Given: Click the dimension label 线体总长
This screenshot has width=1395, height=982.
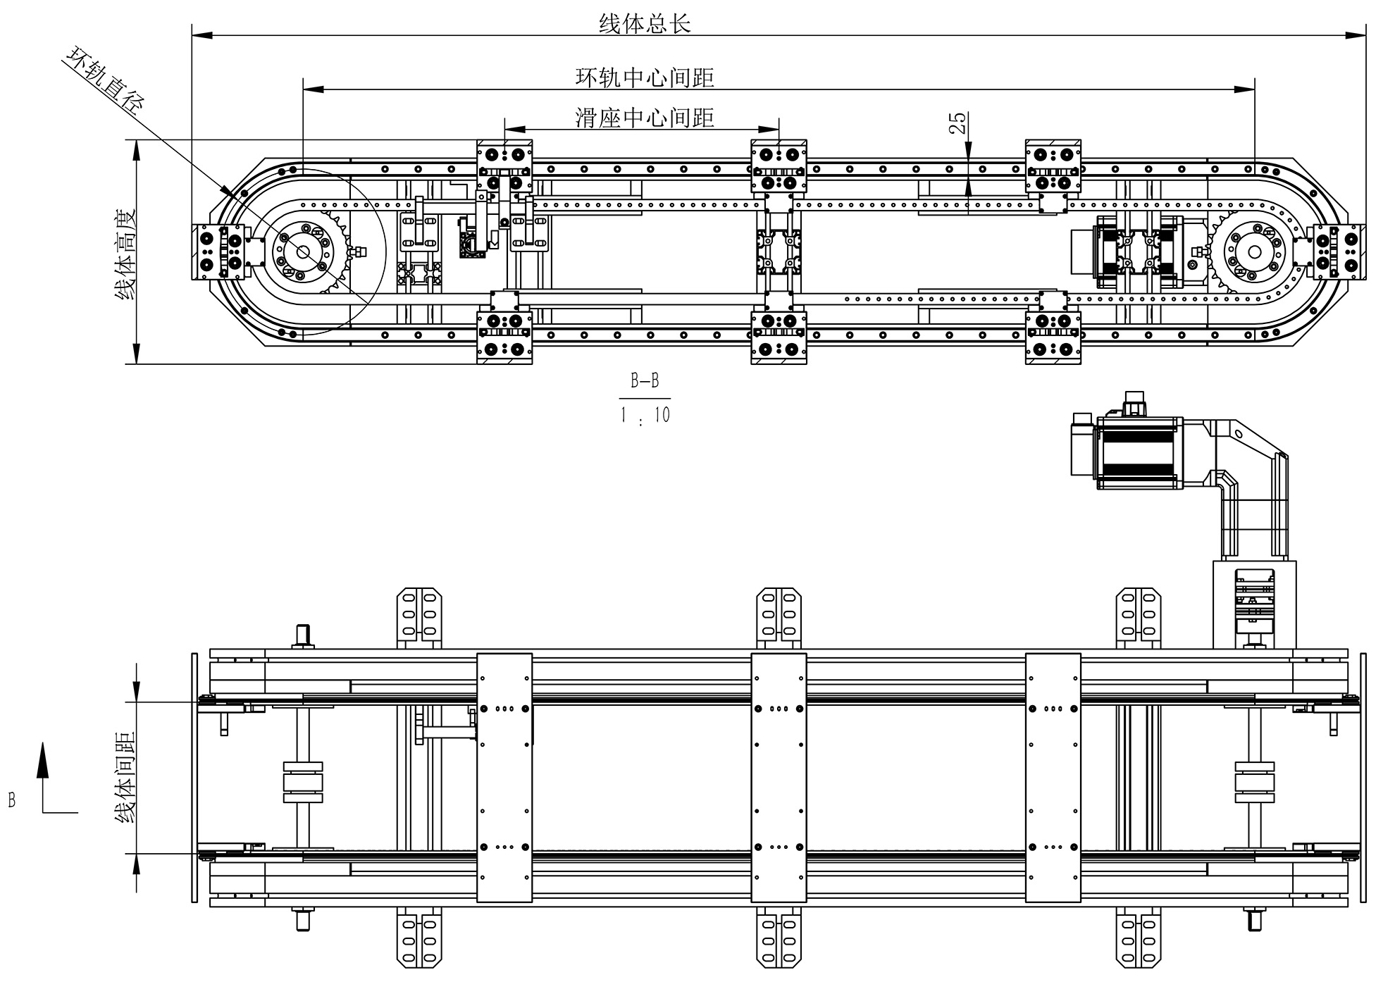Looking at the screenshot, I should pos(644,24).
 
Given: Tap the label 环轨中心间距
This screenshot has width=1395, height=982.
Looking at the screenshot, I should pos(644,77).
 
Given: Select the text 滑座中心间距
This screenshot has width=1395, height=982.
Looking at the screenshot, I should pos(644,118).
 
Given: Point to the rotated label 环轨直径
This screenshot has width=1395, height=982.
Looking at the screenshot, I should pos(105,80).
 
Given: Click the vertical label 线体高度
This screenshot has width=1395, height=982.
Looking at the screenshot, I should pos(125,254).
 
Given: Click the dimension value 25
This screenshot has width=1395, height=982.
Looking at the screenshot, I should pos(958,123).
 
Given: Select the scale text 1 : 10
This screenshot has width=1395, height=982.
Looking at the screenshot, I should pos(644,416).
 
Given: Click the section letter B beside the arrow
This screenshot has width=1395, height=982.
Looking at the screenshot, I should pos(12,800).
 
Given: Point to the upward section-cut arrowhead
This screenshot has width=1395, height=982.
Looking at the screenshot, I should pos(44,757).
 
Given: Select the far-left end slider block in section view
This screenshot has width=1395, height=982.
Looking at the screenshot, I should pos(218,252).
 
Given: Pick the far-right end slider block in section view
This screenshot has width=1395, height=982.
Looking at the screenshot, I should pos(1339,252).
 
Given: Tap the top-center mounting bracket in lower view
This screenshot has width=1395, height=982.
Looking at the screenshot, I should pos(779,616).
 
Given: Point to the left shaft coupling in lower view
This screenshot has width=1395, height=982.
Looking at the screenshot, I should pos(303,782).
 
